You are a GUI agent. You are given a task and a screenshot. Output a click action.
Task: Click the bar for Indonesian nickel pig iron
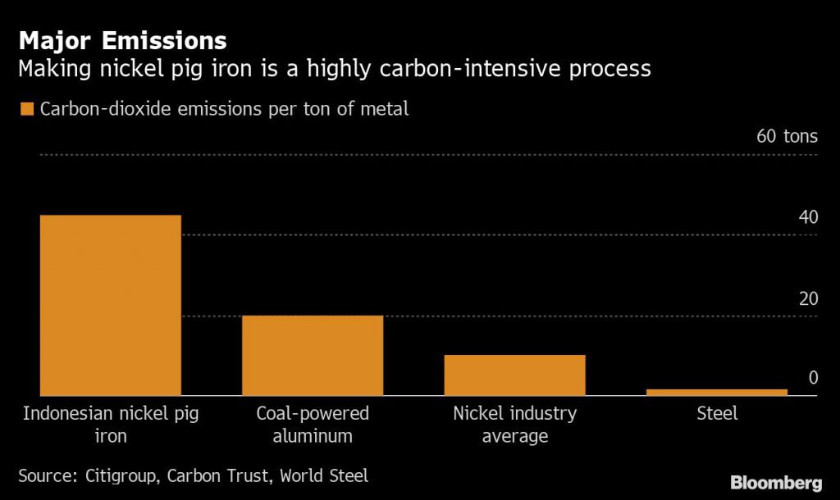point(111,306)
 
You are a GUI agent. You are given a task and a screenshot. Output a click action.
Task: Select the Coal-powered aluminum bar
point(313,356)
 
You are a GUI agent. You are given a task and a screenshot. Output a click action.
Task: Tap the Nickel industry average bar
point(514,375)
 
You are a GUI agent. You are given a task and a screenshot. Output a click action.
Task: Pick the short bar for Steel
point(717,393)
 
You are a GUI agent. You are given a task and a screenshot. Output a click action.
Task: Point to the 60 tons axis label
point(787,136)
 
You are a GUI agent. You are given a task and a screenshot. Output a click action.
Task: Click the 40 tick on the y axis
point(808,218)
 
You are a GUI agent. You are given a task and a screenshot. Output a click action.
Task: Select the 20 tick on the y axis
point(808,298)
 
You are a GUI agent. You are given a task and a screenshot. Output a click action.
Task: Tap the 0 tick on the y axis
point(813,378)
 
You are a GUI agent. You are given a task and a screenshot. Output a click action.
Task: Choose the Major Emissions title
point(123,40)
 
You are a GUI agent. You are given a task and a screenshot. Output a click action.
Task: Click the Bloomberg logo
point(776,482)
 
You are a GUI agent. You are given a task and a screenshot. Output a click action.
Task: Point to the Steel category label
point(717,413)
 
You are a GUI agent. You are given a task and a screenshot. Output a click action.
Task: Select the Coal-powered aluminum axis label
point(313,424)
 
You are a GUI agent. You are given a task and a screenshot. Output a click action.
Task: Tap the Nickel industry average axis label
point(514,424)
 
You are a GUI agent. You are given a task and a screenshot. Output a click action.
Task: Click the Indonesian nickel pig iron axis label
point(111,424)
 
